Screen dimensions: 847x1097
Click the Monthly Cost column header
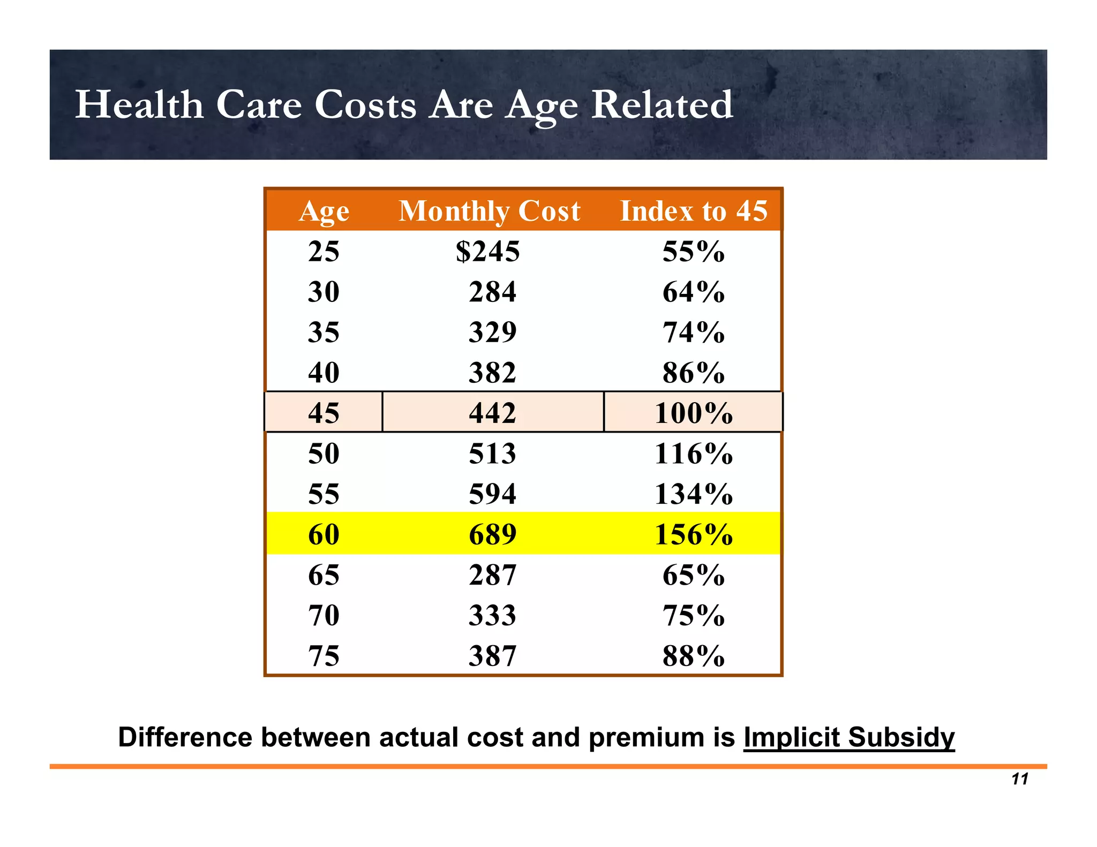click(x=489, y=211)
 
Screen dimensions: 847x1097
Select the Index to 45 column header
click(x=694, y=211)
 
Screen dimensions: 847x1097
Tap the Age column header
click(x=324, y=211)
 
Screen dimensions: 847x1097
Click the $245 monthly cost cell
click(x=487, y=251)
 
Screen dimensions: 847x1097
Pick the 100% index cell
click(x=694, y=413)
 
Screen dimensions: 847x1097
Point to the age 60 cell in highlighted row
click(x=324, y=534)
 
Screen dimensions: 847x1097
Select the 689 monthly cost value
click(x=492, y=534)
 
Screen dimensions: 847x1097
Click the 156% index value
click(x=694, y=534)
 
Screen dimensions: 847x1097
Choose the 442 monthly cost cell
click(x=492, y=413)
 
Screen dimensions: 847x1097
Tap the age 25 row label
click(x=324, y=251)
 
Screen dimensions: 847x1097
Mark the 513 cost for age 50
click(x=492, y=453)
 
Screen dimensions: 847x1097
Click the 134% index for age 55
click(x=694, y=494)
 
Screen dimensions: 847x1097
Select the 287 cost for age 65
click(x=492, y=575)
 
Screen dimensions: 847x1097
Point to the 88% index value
click(x=694, y=656)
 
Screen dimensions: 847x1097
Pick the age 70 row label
click(x=324, y=615)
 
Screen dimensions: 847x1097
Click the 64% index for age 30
click(x=694, y=292)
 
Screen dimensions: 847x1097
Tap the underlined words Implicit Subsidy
click(x=848, y=737)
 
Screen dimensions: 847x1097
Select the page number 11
click(x=1020, y=779)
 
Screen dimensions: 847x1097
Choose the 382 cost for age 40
click(x=492, y=373)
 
